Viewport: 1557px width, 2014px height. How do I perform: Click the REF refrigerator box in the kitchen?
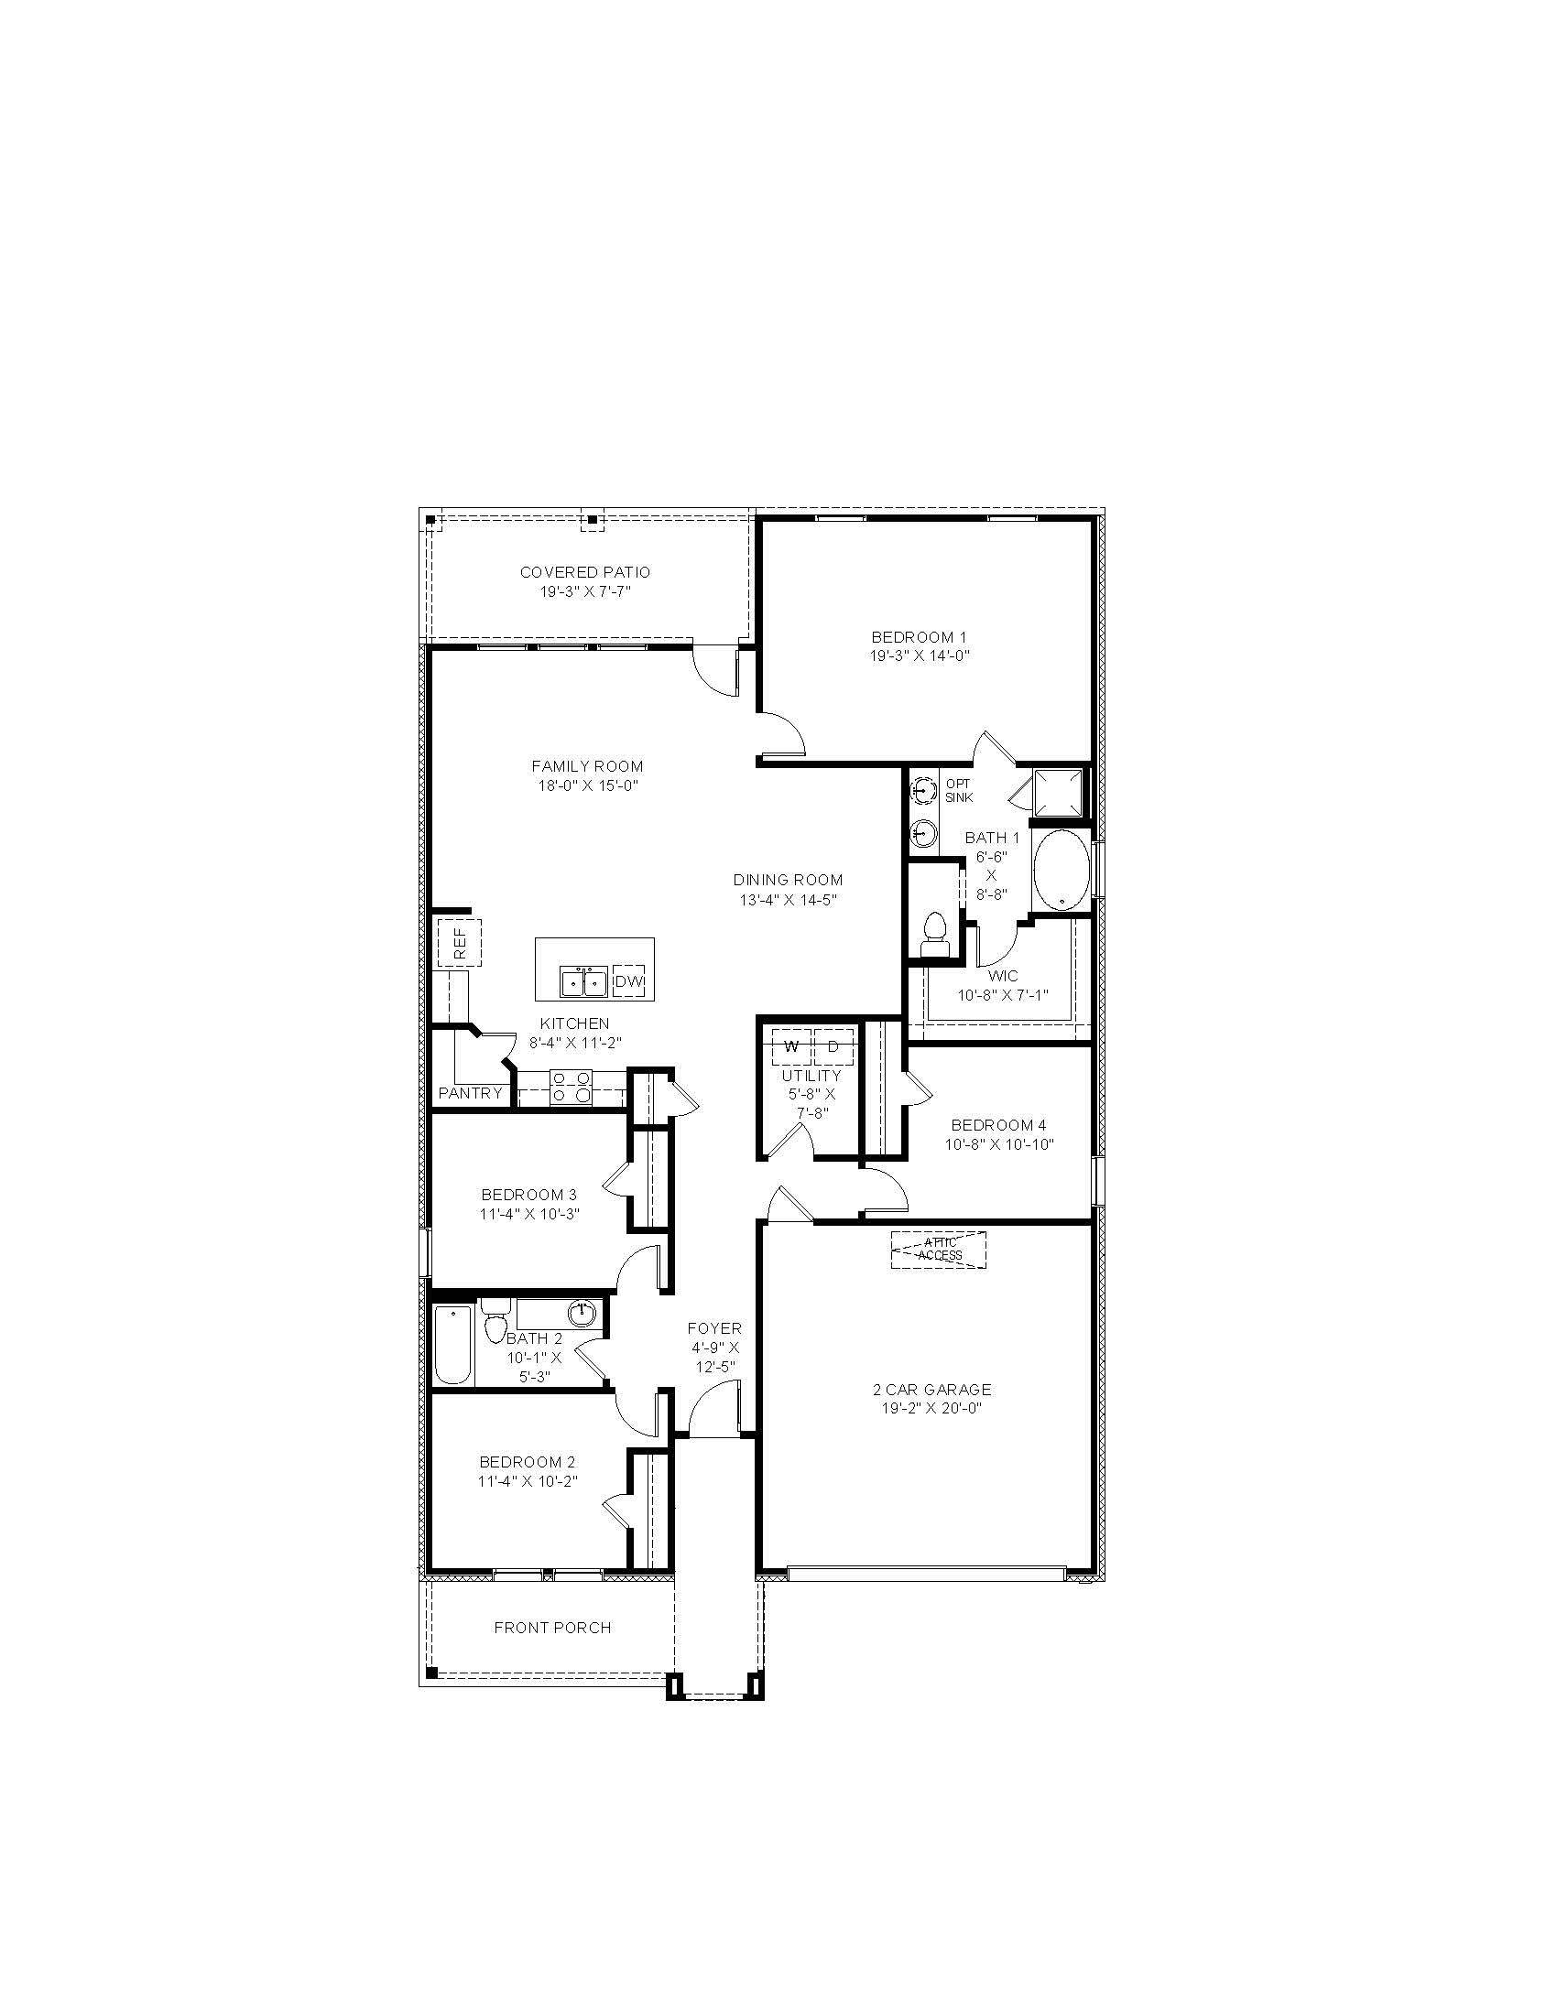[460, 941]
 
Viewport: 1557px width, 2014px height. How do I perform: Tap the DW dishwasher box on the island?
[628, 982]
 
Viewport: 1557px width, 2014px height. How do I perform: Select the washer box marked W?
[790, 1046]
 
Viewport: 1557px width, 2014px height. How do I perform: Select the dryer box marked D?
[833, 1046]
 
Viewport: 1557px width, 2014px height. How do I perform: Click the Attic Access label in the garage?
[939, 1250]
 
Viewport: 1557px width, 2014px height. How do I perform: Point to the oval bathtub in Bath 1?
[1060, 871]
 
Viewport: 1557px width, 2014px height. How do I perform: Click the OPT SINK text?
[958, 790]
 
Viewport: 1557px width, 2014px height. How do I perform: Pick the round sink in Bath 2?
[582, 1311]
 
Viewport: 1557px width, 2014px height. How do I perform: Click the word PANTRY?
[471, 1094]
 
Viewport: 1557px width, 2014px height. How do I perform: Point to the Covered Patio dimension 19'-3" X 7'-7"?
[585, 592]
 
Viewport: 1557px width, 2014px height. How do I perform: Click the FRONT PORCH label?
[552, 1628]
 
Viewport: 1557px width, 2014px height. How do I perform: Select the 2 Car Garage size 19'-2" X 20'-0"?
[931, 1408]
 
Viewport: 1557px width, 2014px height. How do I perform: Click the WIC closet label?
[1003, 976]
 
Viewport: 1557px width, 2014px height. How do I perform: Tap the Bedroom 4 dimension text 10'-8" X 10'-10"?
[999, 1144]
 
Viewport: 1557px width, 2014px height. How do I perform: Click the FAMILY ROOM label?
[588, 766]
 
